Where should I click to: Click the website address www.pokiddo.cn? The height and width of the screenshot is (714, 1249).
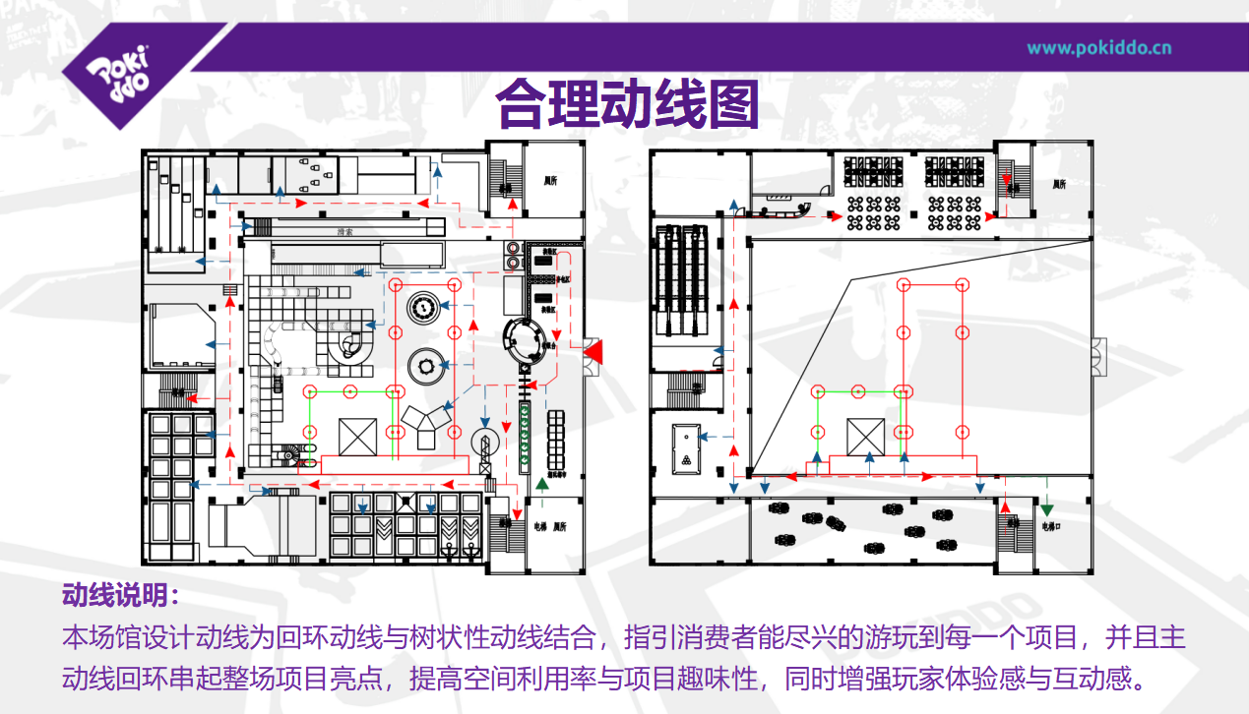click(x=1099, y=47)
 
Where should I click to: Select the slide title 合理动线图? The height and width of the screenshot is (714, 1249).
click(x=626, y=104)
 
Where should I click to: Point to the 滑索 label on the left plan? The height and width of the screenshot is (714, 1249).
click(x=344, y=232)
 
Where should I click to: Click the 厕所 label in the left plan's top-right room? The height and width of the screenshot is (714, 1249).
click(x=552, y=181)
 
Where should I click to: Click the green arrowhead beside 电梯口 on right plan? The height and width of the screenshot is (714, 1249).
click(x=1047, y=508)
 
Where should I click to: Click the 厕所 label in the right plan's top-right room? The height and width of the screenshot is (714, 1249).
click(x=1059, y=184)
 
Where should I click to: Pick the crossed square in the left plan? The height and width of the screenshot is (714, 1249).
click(x=356, y=435)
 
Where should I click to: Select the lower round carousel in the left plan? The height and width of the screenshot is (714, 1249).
click(x=425, y=367)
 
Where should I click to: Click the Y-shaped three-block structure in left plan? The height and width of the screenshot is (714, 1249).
click(x=424, y=425)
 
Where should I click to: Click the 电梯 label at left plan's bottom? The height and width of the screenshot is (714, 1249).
click(x=539, y=527)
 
